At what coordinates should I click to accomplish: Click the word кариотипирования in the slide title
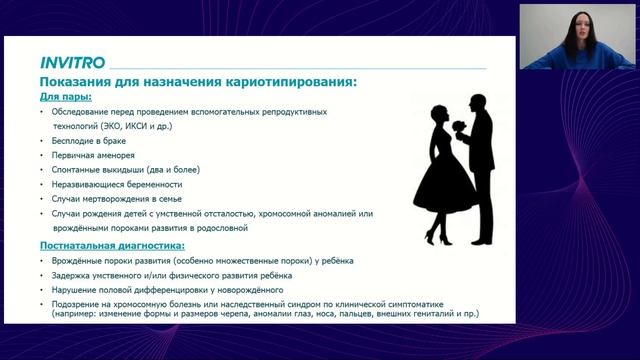point(286,80)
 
